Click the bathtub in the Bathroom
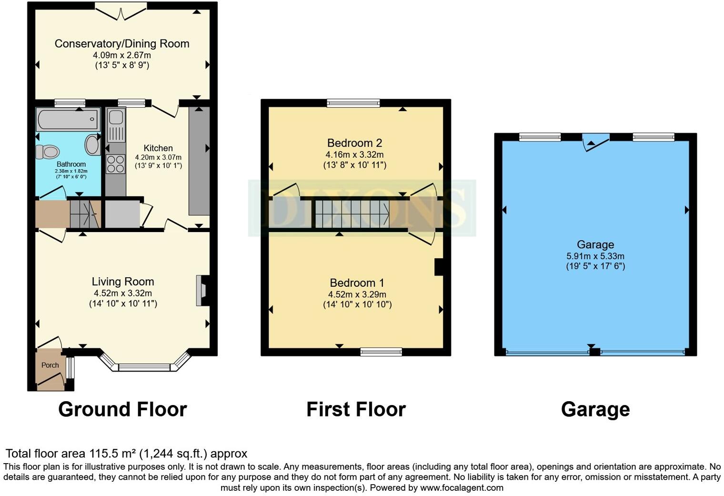[x=68, y=119]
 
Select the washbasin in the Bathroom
[x=92, y=144]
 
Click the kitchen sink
[x=116, y=125]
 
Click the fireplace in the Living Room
[x=201, y=290]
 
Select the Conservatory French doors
[x=121, y=10]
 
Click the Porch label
[x=50, y=365]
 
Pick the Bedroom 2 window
[x=353, y=102]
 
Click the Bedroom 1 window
[x=381, y=352]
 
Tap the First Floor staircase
[x=352, y=214]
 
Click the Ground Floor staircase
[x=85, y=214]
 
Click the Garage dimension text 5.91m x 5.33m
[x=595, y=256]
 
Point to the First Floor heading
[x=356, y=409]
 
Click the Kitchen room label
[x=158, y=148]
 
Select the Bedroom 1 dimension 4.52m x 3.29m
[x=357, y=294]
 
